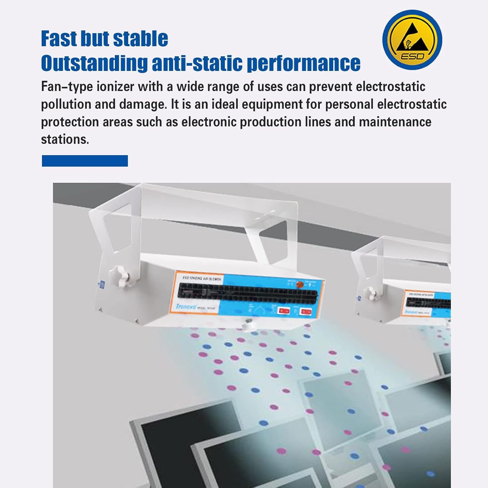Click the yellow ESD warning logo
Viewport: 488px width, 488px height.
(412, 40)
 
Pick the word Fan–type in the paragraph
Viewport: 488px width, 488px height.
(67, 87)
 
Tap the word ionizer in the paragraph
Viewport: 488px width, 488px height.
(116, 87)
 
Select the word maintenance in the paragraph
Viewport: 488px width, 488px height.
(395, 122)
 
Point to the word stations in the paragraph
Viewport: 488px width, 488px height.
(64, 140)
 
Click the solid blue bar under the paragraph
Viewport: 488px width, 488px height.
(85, 161)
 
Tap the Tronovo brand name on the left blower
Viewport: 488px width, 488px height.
(186, 306)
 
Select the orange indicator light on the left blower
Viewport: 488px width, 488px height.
(300, 285)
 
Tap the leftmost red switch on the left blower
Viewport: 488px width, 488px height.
(284, 311)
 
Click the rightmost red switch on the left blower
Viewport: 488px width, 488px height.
(306, 312)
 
